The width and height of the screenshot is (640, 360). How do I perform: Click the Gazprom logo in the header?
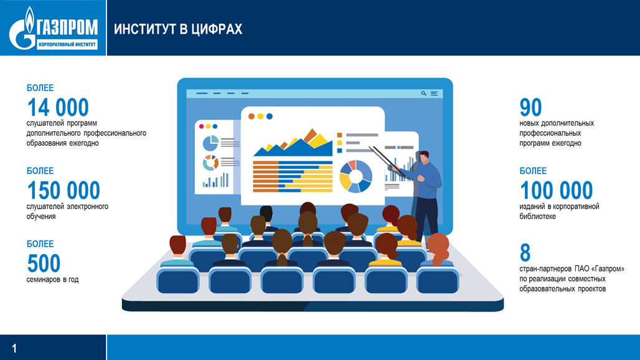53,28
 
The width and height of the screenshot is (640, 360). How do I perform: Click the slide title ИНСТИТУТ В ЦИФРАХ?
178,29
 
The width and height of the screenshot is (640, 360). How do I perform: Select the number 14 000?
57,107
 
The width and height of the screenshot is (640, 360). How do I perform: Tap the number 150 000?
64,190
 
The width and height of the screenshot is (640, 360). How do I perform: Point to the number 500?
44,263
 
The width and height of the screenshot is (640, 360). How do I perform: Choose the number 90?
530,107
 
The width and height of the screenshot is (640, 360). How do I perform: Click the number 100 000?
557,190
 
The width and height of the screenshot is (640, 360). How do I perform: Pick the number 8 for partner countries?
525,253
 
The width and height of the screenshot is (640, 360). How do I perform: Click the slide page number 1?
15,348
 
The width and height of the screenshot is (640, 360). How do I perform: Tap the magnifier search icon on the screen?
424,93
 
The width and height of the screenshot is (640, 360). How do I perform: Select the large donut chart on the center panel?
356,176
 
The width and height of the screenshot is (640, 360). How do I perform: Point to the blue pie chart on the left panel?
210,143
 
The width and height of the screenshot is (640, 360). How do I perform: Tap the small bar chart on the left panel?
215,180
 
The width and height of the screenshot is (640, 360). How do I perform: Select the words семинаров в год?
52,280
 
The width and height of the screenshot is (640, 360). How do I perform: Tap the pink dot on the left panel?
201,126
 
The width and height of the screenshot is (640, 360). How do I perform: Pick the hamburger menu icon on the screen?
435,93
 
